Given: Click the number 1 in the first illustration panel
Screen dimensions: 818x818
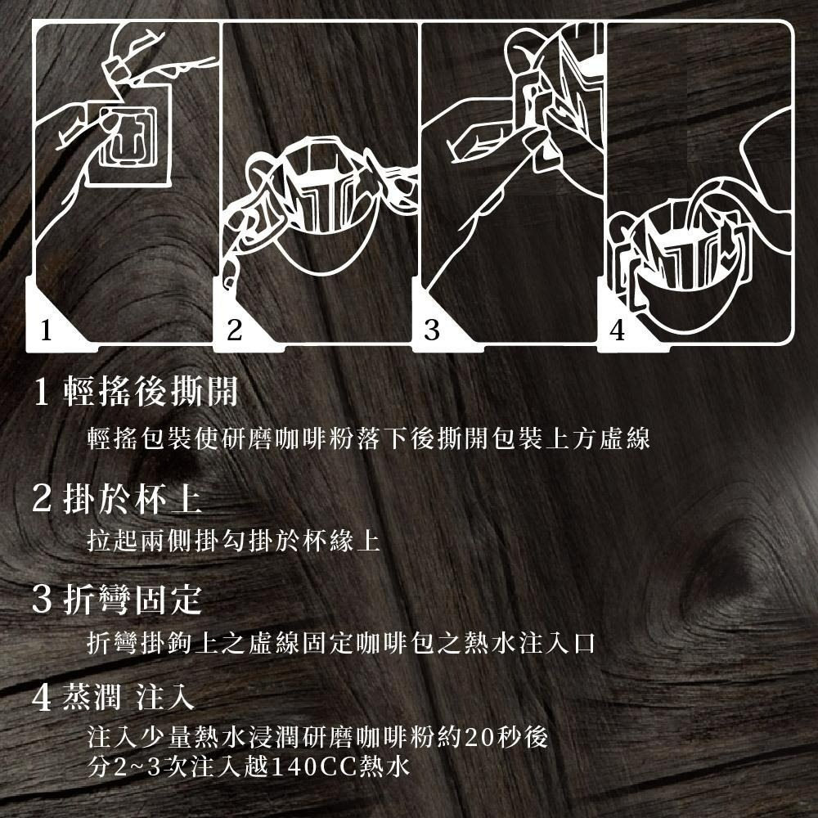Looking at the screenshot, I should tap(47, 331).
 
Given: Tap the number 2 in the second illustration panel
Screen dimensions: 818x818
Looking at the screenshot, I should tap(235, 331).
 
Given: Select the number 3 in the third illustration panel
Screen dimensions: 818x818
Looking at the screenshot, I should tap(431, 331).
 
